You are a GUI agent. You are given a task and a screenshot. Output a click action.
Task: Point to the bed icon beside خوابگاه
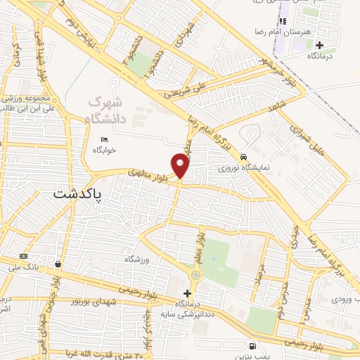pos(105,139)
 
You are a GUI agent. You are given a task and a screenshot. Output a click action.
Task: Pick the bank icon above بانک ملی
pos(24,256)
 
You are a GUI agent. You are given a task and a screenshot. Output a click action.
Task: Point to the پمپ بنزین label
pos(253,357)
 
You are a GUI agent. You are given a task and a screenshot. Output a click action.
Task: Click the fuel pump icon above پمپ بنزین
pos(252,346)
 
